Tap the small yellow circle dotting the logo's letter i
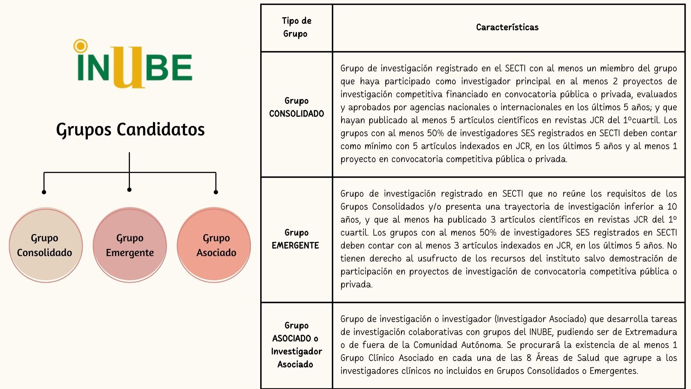pos(80,46)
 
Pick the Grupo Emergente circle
pos(130,245)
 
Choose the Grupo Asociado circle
pos(214,245)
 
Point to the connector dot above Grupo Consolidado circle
pos(44,192)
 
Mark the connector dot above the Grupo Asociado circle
pos(216,192)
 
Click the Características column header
pos(507,27)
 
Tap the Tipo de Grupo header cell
pos(296,27)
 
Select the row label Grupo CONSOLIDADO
pos(296,107)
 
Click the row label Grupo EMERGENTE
pos(296,239)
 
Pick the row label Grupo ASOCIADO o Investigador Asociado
pos(296,345)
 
